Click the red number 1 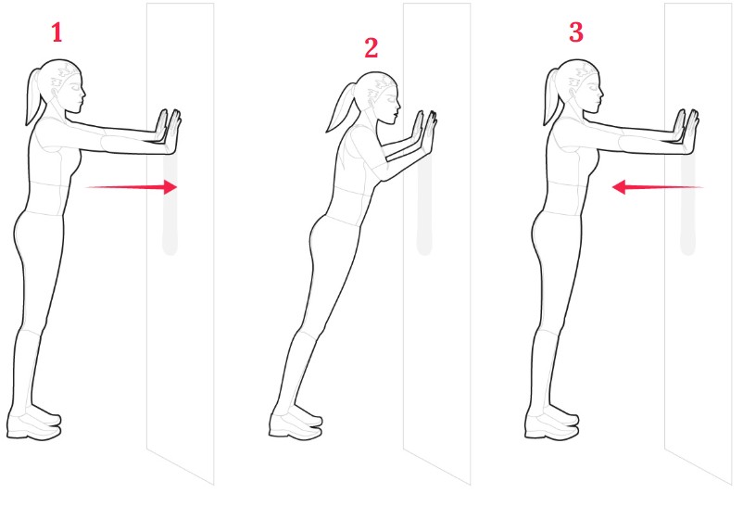pos(57,33)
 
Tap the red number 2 pos(371,48)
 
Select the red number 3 pos(575,32)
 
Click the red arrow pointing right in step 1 pos(132,187)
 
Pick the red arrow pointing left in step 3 pos(658,187)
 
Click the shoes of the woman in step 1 pos(34,422)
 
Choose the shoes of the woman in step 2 pos(296,422)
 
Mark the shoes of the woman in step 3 pos(552,422)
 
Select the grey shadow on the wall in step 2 pos(424,205)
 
